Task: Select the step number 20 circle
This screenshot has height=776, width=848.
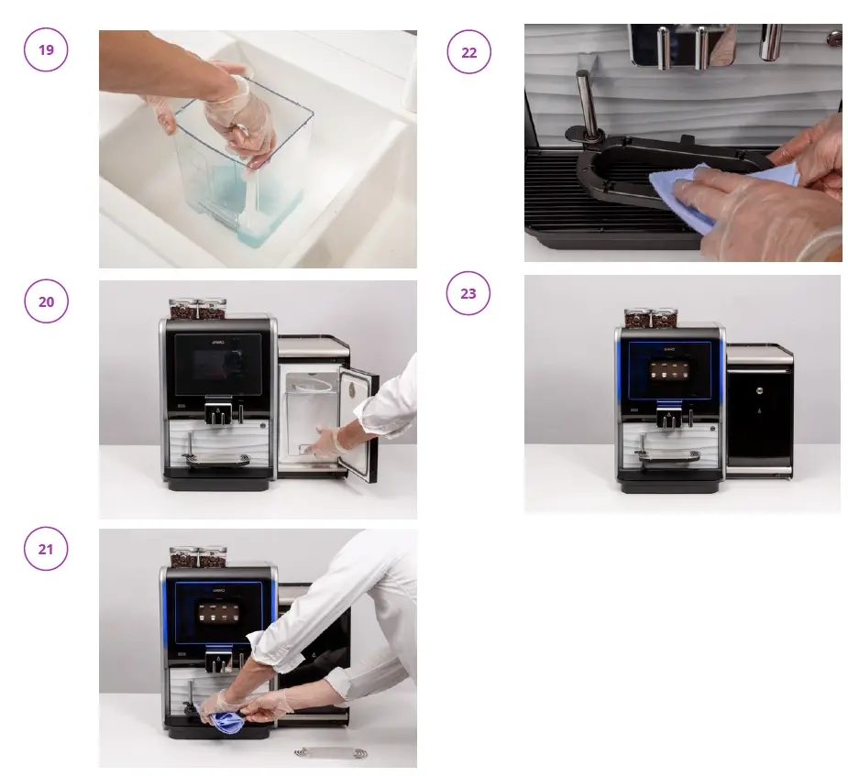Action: point(46,301)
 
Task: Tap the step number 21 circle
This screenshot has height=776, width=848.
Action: point(46,549)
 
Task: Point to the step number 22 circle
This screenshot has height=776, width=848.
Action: point(468,52)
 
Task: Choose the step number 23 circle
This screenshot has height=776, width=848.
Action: point(468,294)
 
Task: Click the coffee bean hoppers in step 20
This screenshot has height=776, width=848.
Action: point(198,309)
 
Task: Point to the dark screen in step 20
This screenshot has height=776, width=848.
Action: point(217,363)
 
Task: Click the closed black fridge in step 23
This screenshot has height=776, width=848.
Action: point(759,412)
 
